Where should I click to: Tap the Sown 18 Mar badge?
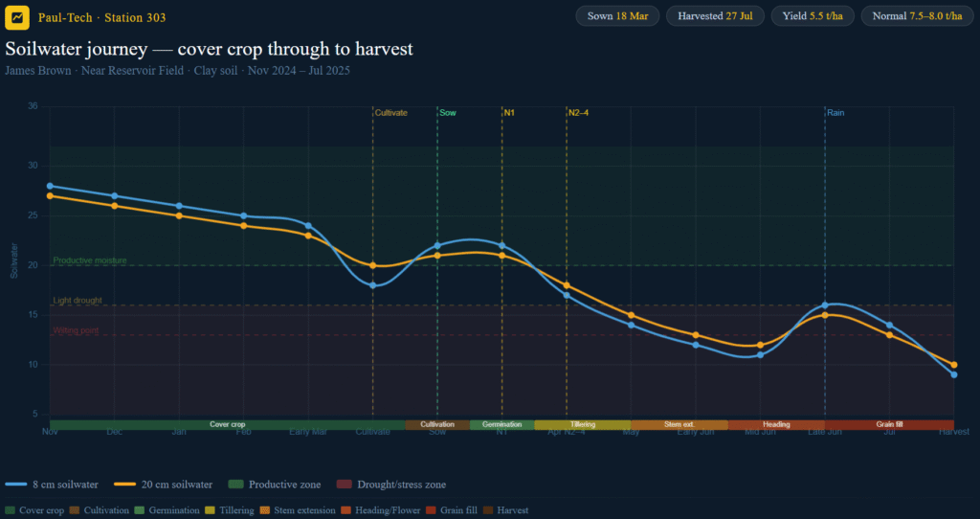click(617, 16)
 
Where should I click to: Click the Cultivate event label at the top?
click(390, 113)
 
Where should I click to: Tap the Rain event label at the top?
click(835, 113)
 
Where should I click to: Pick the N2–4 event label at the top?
click(578, 113)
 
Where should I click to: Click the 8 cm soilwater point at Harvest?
click(954, 374)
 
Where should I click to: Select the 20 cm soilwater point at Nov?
click(50, 195)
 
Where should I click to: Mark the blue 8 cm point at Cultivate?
click(373, 285)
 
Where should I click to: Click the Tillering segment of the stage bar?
click(583, 424)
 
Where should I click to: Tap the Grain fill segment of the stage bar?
click(889, 424)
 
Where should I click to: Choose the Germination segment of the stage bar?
click(501, 424)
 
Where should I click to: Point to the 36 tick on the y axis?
click(33, 106)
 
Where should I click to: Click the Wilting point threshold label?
click(76, 330)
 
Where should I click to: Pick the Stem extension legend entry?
click(307, 510)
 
